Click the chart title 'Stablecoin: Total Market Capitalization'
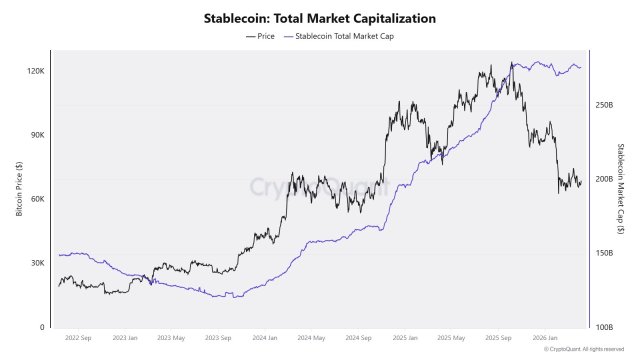click(320, 18)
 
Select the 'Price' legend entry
click(259, 36)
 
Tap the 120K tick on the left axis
click(36, 71)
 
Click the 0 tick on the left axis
click(43, 327)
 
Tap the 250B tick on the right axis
click(604, 105)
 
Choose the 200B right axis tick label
click(604, 179)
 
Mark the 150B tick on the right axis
click(604, 253)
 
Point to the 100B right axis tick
click(604, 327)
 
